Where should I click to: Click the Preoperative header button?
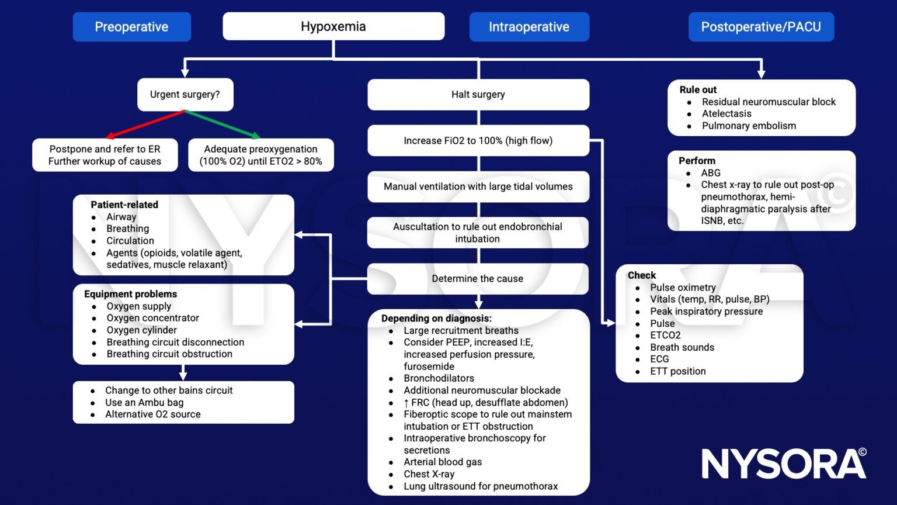click(x=131, y=27)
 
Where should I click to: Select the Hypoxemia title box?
click(x=333, y=26)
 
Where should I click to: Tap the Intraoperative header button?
click(x=529, y=27)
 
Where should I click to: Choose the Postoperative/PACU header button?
click(x=761, y=27)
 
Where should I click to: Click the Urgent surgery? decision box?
click(x=185, y=95)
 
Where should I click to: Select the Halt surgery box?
click(x=478, y=95)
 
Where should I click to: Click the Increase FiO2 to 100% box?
click(x=478, y=140)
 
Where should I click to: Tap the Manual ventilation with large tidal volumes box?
click(x=478, y=186)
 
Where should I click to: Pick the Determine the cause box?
click(x=478, y=279)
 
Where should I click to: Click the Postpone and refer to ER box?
click(x=105, y=155)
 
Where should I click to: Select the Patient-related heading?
click(x=124, y=205)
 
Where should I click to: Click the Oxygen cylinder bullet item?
click(x=141, y=330)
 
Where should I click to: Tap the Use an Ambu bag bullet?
click(x=144, y=402)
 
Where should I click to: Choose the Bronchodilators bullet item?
click(x=439, y=378)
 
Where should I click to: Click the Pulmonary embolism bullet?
click(x=749, y=126)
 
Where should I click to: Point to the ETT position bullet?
click(x=677, y=371)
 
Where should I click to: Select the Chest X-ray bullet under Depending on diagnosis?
click(x=429, y=474)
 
